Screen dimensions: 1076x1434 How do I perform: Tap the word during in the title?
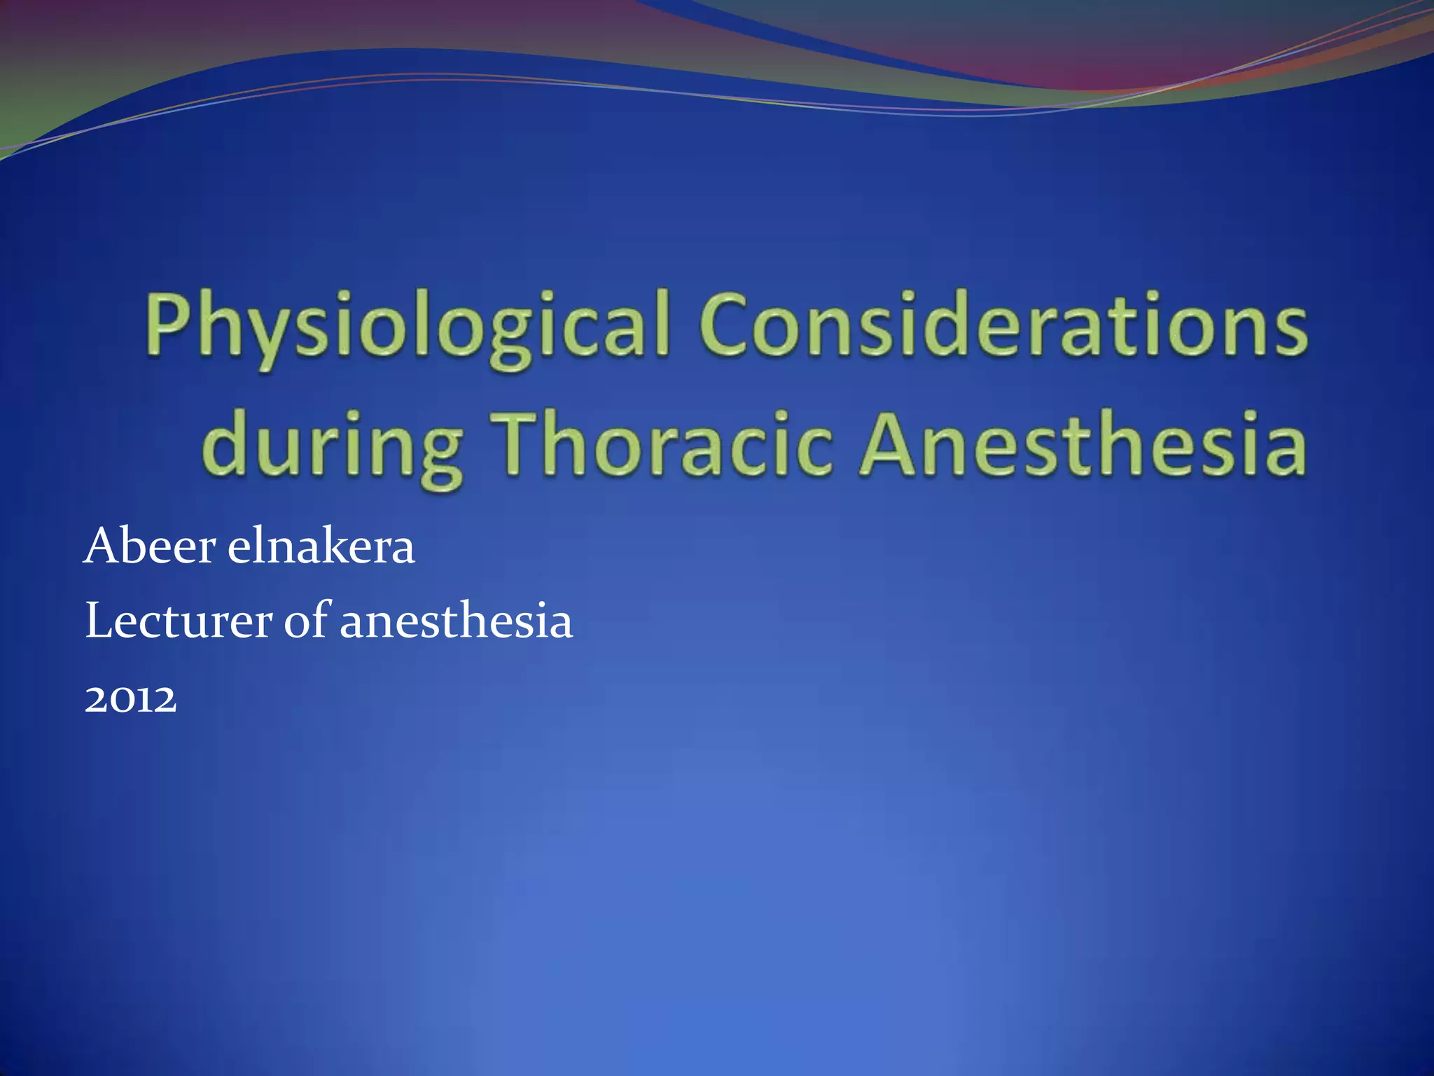333,446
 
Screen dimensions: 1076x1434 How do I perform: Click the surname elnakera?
321,546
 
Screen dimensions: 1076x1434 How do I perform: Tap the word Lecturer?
178,621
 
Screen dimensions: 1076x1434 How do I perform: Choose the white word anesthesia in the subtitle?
456,621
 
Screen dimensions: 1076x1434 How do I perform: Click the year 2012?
130,699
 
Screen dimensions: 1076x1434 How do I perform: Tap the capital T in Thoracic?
524,443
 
